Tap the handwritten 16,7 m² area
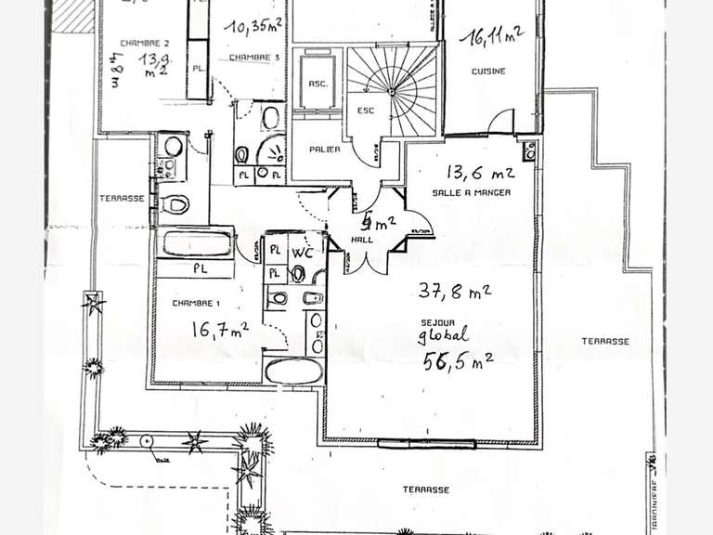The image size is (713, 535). (x=219, y=329)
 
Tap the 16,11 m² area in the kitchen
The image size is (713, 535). (x=496, y=38)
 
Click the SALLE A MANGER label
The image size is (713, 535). (x=471, y=191)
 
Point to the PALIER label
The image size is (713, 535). (x=324, y=149)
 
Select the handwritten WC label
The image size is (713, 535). (x=300, y=252)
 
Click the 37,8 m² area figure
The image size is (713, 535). (x=454, y=293)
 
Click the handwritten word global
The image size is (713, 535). (x=444, y=337)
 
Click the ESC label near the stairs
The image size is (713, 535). (x=363, y=110)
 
